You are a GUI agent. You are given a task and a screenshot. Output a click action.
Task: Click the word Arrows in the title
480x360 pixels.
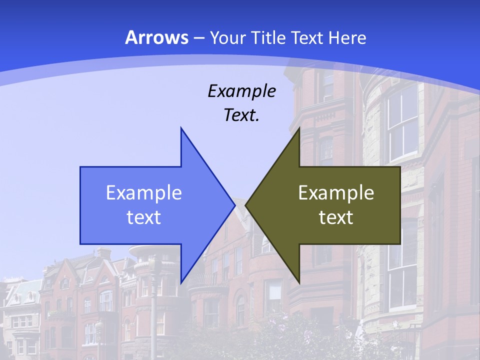tap(156, 37)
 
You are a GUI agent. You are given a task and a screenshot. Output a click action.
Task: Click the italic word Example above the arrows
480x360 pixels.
tap(241, 91)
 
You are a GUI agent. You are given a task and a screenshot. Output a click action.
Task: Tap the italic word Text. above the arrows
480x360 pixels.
tap(241, 115)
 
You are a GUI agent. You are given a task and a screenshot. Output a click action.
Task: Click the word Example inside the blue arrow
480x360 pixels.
tap(144, 193)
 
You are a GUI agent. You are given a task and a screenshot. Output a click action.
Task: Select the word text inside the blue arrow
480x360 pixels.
tap(144, 217)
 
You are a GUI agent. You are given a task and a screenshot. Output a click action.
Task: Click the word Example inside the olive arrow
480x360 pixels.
tap(336, 193)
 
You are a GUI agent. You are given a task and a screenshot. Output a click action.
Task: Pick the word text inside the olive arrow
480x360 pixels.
tap(336, 217)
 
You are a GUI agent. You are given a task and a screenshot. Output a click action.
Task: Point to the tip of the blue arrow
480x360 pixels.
tap(234, 205)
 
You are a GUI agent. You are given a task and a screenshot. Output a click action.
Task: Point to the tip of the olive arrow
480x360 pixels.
tap(245, 205)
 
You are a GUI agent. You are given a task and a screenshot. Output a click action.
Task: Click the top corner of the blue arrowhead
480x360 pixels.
tap(181, 128)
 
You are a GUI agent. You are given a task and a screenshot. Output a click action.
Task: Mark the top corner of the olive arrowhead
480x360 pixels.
tap(299, 128)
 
